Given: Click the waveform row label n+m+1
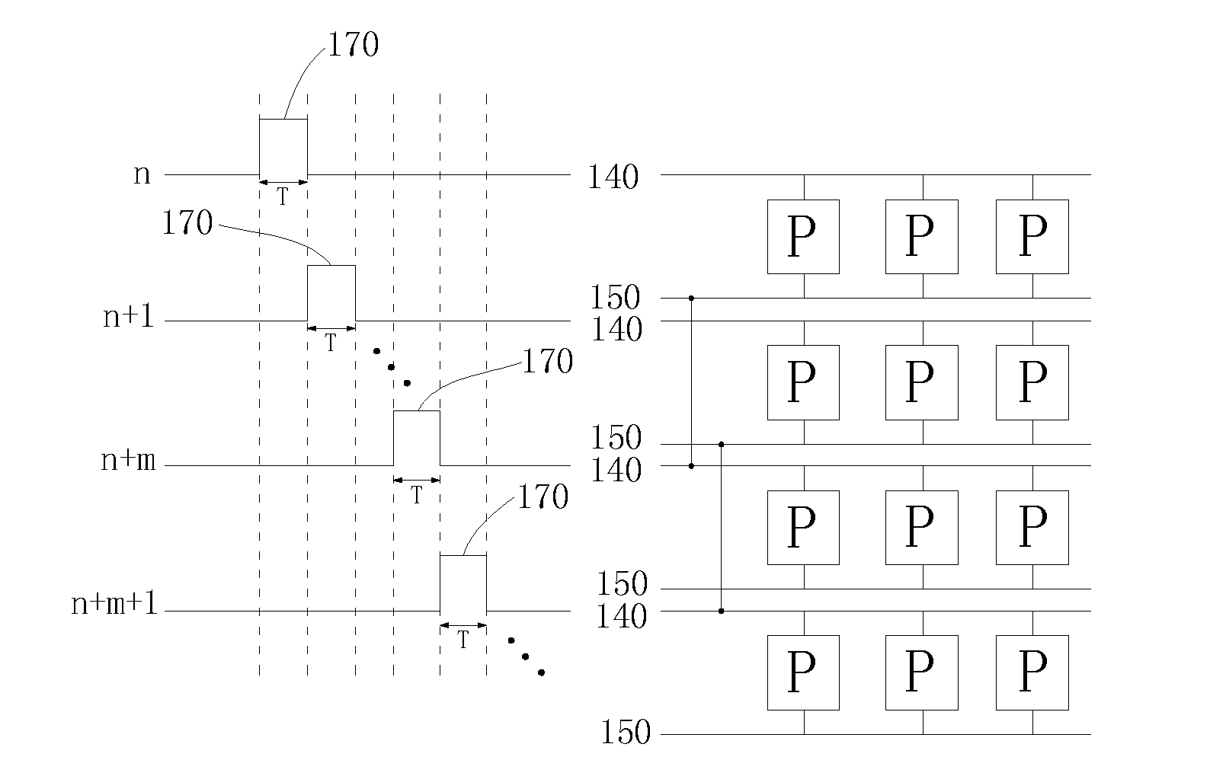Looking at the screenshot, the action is [x=114, y=602].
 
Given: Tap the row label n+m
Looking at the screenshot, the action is [x=128, y=460].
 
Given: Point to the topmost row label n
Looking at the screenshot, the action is [x=142, y=174].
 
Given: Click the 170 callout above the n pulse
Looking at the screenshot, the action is [x=354, y=44].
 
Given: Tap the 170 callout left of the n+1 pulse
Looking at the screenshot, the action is [x=187, y=222].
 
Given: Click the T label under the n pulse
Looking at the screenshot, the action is [x=283, y=196].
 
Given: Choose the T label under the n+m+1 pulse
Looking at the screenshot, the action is [x=463, y=640].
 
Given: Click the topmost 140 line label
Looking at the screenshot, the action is [x=613, y=177].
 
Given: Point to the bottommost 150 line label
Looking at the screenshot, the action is [x=626, y=733].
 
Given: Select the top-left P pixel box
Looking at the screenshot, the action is [x=803, y=237].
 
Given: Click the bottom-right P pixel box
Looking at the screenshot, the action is [x=1032, y=672].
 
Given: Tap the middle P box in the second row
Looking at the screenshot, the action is [x=921, y=382].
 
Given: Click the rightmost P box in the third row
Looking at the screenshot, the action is [x=1032, y=528].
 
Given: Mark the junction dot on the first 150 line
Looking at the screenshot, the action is [x=691, y=298].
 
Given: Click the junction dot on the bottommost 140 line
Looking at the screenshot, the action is [x=721, y=612].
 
